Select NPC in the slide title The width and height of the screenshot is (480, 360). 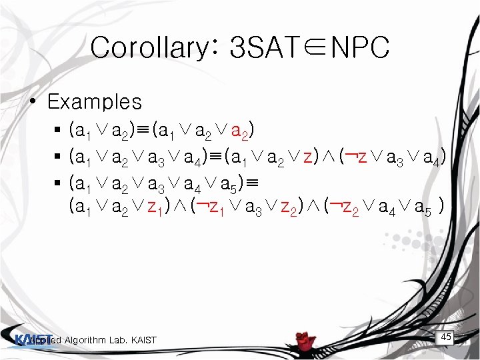point(360,48)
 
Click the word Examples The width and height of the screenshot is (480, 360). point(95,102)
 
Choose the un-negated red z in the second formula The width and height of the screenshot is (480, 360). point(307,158)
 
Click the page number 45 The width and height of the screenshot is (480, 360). point(446,337)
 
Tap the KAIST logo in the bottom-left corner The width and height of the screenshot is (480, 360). point(33,339)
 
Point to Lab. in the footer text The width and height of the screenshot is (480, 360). point(119,341)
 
